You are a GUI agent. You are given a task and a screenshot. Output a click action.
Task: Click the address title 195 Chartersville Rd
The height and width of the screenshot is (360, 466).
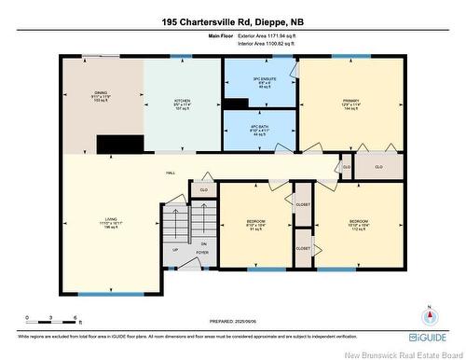(232, 21)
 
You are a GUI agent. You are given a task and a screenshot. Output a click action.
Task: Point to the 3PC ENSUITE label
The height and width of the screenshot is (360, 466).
(260, 80)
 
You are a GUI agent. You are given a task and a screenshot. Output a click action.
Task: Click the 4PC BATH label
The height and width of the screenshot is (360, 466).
(260, 130)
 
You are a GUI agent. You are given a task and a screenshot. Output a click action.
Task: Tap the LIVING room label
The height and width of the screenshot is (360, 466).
(97, 223)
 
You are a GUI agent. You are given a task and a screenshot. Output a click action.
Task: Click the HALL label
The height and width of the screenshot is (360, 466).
(171, 173)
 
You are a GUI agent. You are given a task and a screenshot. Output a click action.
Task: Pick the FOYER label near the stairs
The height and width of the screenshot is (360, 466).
(200, 252)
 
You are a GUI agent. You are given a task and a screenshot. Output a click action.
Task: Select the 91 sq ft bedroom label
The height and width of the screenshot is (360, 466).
(256, 224)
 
